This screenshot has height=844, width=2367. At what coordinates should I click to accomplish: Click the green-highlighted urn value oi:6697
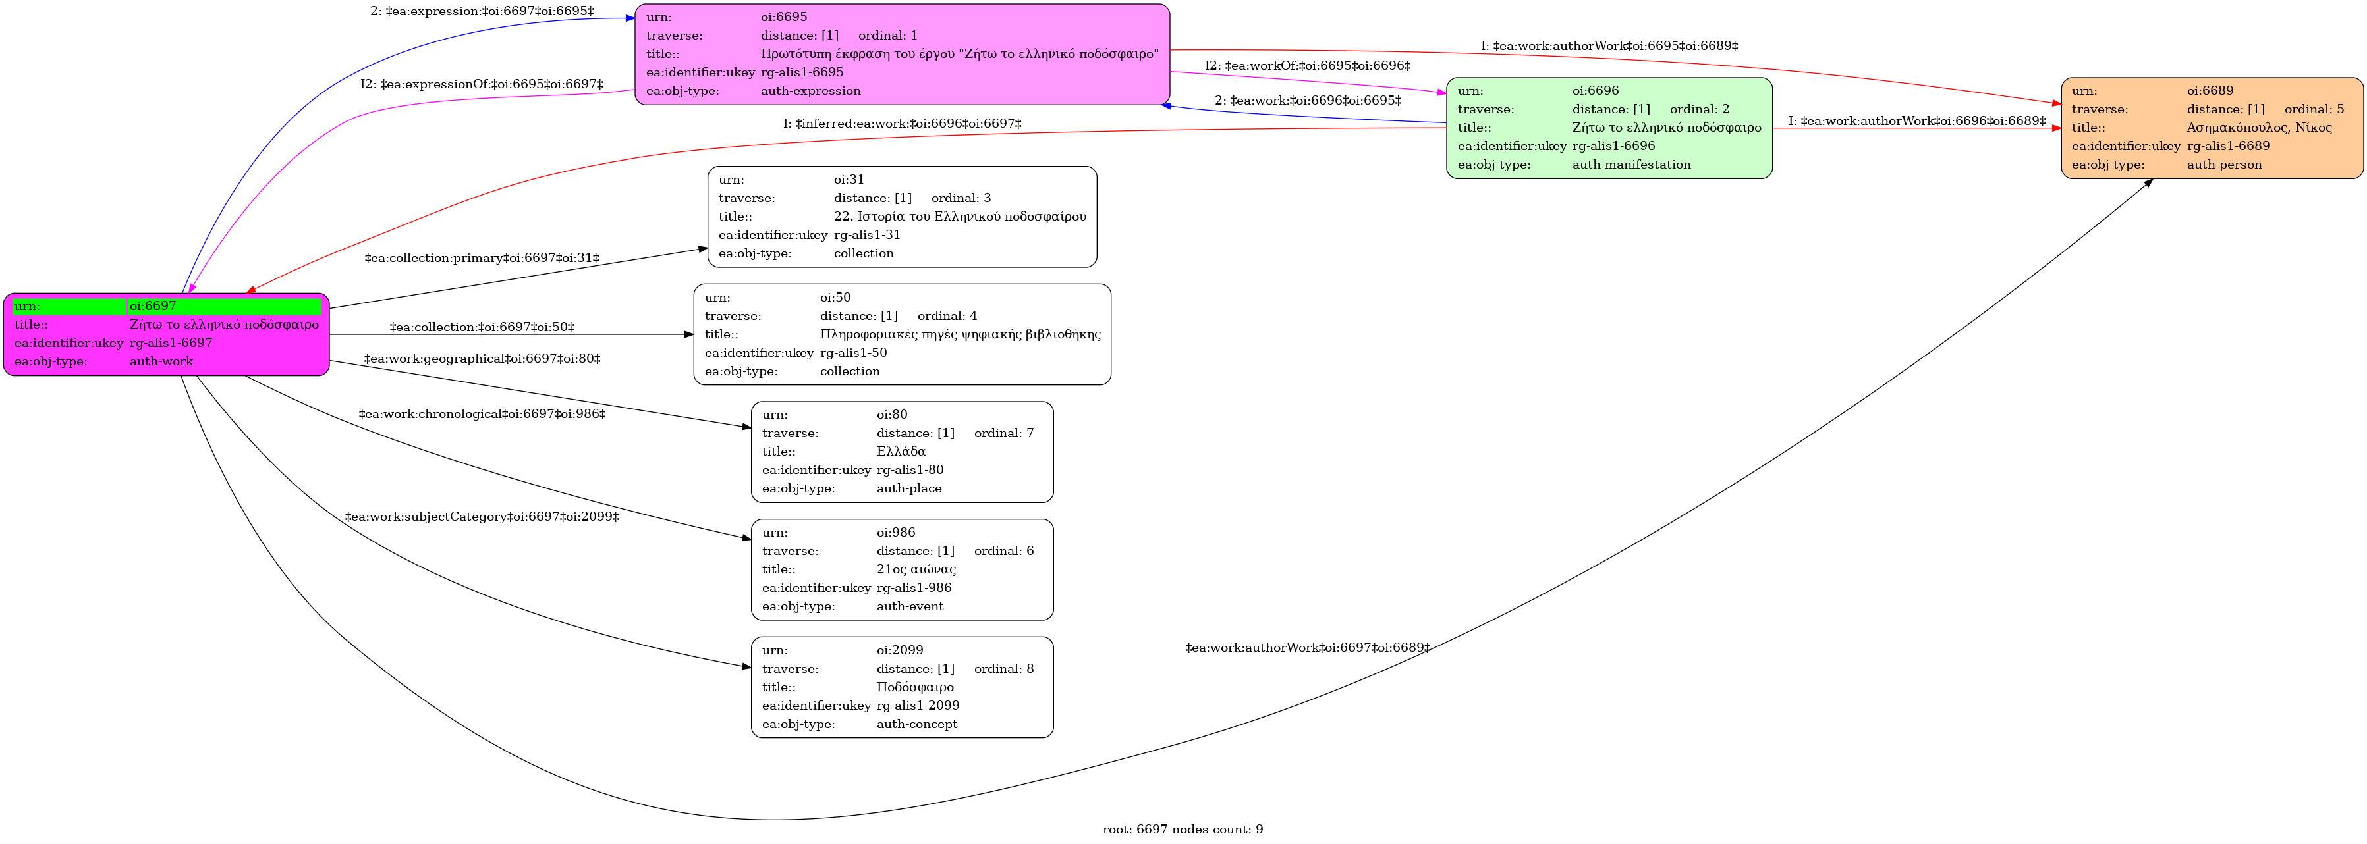(153, 306)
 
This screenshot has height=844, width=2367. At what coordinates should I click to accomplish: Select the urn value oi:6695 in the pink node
(784, 16)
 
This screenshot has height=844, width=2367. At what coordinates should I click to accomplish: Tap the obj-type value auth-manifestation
(1631, 165)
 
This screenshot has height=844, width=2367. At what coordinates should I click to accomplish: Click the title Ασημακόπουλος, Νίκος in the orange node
(2258, 128)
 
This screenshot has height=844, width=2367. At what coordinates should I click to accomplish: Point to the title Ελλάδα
(901, 451)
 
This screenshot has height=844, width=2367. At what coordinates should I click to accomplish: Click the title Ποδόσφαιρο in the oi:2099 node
(914, 687)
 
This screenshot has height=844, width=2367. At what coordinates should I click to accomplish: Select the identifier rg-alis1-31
(866, 234)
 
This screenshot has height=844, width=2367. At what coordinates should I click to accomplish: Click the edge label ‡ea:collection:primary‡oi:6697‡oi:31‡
(482, 258)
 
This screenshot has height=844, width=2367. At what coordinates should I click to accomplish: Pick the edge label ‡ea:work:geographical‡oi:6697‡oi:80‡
(482, 359)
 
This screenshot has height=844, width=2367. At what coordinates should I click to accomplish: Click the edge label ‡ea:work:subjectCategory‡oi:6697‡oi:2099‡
(482, 517)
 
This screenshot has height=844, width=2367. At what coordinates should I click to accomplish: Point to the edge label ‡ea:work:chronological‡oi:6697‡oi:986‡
(482, 414)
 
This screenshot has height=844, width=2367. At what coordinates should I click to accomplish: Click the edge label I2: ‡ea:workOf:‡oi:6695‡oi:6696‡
(1308, 66)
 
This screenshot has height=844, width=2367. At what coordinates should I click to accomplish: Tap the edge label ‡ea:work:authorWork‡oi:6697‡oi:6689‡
(1308, 647)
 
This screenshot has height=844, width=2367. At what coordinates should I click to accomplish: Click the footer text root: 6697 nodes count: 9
(1183, 830)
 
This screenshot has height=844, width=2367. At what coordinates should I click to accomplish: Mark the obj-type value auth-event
(910, 606)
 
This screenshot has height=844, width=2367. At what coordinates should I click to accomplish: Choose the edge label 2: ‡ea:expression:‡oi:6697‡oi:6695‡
(482, 12)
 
